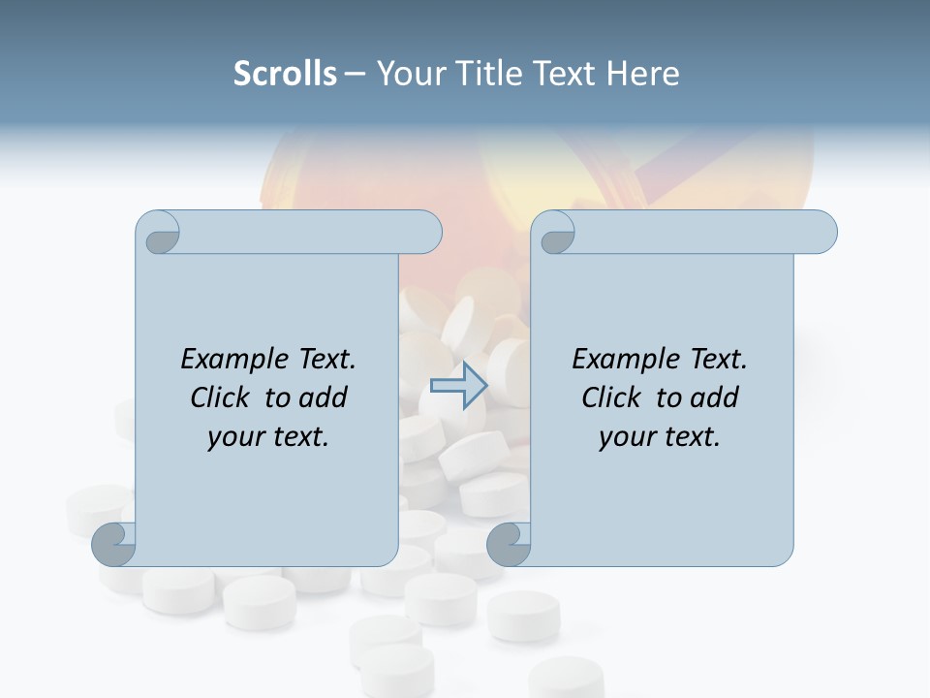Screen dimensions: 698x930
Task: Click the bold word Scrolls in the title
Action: tap(285, 74)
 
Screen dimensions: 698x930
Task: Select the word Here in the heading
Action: tap(642, 74)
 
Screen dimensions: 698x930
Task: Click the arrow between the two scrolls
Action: tap(458, 385)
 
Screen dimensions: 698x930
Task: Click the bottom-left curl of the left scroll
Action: tap(114, 544)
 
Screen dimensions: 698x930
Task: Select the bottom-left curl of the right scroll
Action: tap(510, 544)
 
